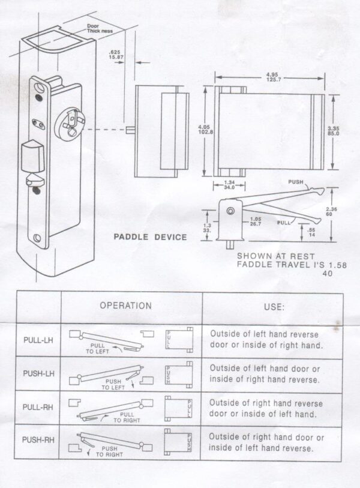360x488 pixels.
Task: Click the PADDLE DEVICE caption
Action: pyautogui.click(x=150, y=237)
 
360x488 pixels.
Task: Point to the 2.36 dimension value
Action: pyautogui.click(x=341, y=210)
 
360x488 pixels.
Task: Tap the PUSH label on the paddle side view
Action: pyautogui.click(x=296, y=181)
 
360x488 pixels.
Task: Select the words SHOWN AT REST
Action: pyautogui.click(x=264, y=255)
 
